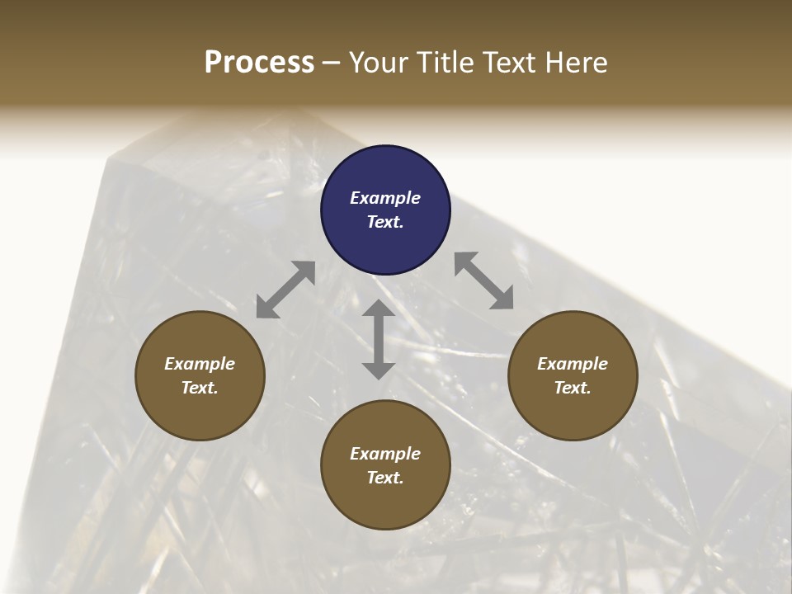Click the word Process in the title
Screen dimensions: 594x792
click(x=259, y=63)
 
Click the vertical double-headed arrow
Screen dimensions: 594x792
click(x=379, y=339)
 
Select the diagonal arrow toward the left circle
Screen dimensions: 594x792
click(x=285, y=290)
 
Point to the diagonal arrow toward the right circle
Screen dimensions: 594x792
click(x=484, y=280)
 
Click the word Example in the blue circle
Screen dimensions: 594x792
click(x=385, y=198)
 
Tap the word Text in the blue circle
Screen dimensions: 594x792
click(x=385, y=222)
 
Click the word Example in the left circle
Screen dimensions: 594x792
click(x=200, y=364)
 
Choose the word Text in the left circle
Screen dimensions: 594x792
click(x=200, y=388)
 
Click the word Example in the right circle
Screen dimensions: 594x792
click(x=573, y=364)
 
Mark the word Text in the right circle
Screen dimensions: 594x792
click(x=573, y=388)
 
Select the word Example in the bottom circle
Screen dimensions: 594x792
click(x=385, y=454)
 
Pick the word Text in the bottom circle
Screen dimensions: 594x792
click(x=385, y=478)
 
